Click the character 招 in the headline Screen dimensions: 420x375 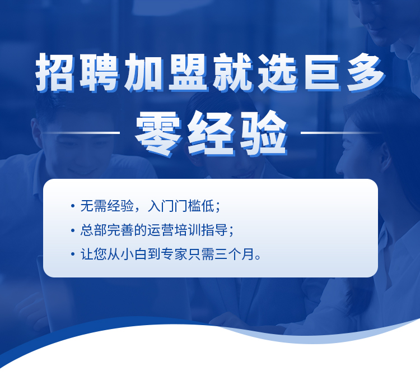click(x=55, y=72)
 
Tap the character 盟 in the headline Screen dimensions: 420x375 click(x=188, y=72)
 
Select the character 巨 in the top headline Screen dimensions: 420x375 click(x=322, y=72)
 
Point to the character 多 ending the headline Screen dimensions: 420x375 click(x=366, y=72)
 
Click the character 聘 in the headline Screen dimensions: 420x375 click(x=99, y=72)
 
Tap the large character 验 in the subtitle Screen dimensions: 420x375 click(x=264, y=133)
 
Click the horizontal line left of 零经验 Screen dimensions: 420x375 click(x=80, y=132)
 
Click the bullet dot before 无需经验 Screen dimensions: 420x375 click(x=73, y=206)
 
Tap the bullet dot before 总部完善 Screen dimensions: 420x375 click(x=73, y=230)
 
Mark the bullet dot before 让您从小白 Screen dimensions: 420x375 click(x=73, y=254)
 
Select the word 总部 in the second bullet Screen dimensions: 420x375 click(x=94, y=230)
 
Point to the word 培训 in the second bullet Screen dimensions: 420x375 click(x=188, y=230)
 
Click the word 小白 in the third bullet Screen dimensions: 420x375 click(x=134, y=254)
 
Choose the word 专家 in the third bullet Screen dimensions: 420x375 click(x=174, y=254)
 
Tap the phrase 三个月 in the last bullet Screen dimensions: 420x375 click(x=235, y=254)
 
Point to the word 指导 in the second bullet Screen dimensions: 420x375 click(x=214, y=230)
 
